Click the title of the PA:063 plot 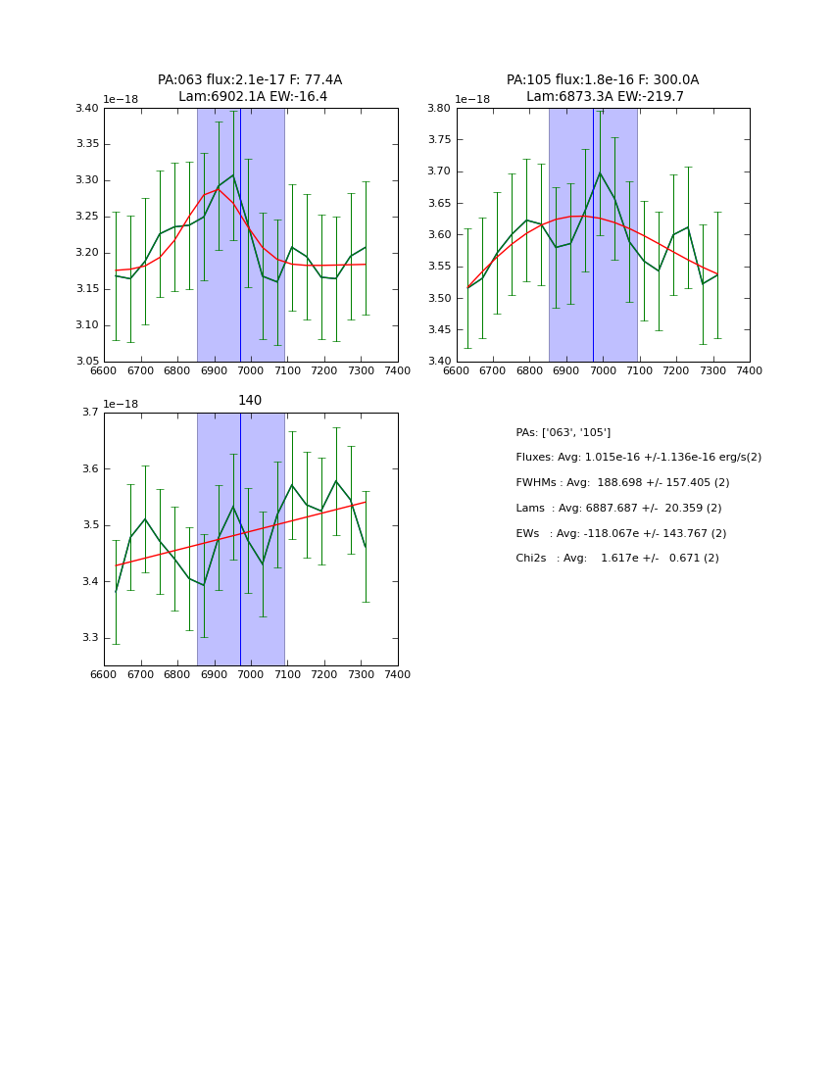coord(250,88)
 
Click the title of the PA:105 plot coord(603,88)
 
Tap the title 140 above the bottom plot coord(250,401)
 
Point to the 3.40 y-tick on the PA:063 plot coord(87,109)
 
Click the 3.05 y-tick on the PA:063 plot coord(87,362)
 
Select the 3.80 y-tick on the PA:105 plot coord(440,109)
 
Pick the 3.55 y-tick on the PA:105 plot coord(440,267)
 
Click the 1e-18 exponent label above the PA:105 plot coord(473,100)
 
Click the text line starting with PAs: coord(563,432)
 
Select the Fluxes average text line coord(638,458)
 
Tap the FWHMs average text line coord(622,483)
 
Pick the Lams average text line coord(618,509)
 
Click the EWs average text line coord(620,534)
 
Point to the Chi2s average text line coord(617,559)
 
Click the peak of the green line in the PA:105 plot coord(600,172)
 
